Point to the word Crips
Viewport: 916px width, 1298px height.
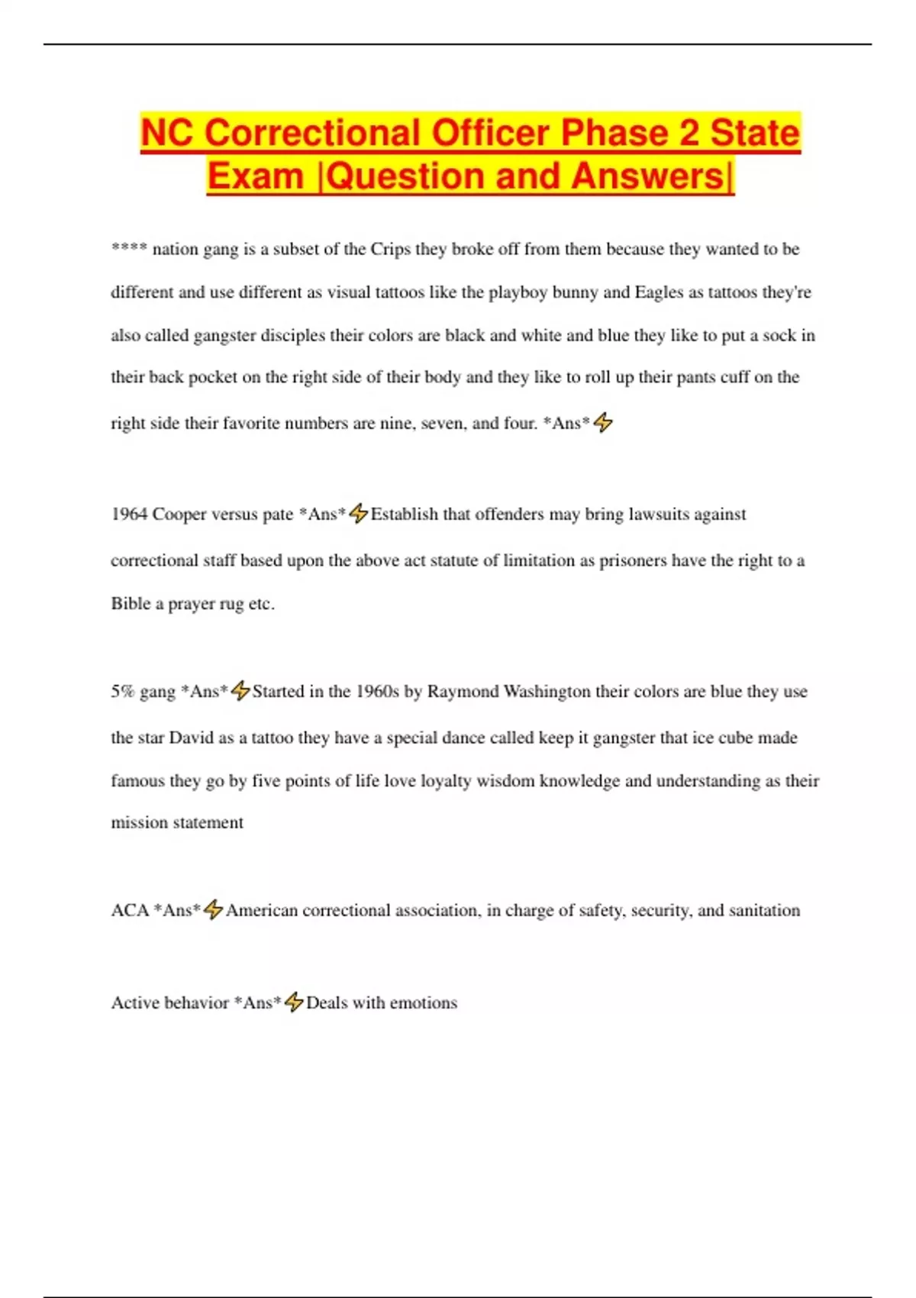tap(391, 249)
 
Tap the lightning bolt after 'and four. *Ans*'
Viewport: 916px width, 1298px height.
tap(603, 422)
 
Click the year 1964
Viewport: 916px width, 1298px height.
tap(129, 514)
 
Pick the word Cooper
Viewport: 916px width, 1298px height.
tap(179, 514)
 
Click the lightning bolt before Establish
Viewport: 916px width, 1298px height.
tap(359, 514)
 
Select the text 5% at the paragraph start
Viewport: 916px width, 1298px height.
tap(122, 691)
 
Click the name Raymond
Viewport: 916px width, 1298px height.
tap(463, 691)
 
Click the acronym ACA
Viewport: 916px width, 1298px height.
tap(130, 910)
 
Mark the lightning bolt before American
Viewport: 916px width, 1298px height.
tap(214, 910)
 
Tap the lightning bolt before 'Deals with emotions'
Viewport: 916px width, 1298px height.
tap(294, 1003)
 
